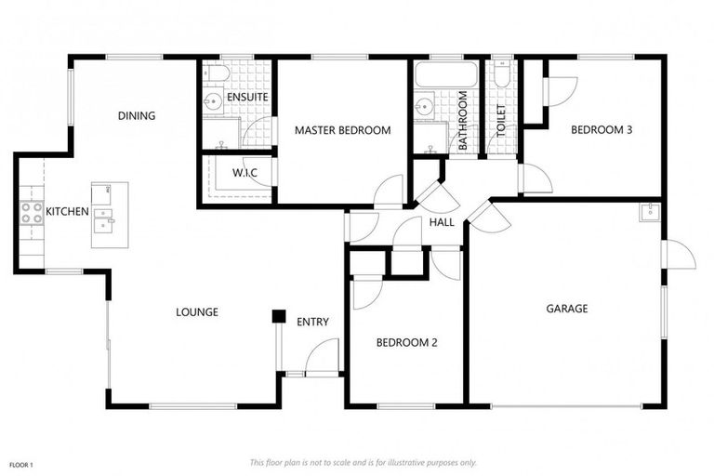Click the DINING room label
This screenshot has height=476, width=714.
pos(136,116)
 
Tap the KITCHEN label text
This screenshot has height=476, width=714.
pos(67,212)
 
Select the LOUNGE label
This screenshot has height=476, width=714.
pos(197,312)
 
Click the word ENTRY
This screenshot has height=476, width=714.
pos(312,322)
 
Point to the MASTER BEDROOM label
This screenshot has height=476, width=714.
pos(342,130)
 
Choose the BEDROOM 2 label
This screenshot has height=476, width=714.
pos(406,342)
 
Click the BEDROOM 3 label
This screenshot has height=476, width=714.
pos(601,130)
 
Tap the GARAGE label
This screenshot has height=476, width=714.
pos(566,309)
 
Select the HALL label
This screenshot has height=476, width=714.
pos(442,222)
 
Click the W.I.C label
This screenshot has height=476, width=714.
pos(245,173)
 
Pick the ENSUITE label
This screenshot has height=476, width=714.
pos(246,97)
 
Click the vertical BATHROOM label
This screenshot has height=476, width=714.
pos(462,120)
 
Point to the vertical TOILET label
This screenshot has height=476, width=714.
pos(502,122)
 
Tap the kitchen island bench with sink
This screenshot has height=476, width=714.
pos(109,215)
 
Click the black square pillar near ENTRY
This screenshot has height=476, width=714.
pos(277,317)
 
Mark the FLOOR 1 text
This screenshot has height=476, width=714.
pos(20,463)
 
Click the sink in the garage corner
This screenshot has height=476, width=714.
pos(648,212)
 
